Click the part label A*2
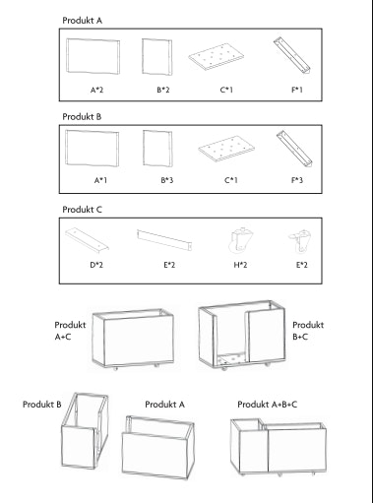(x=96, y=90)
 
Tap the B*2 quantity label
(x=163, y=90)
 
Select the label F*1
(x=297, y=90)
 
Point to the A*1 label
(x=100, y=180)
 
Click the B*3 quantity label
(x=167, y=180)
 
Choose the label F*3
(x=297, y=180)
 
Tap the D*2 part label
(x=96, y=265)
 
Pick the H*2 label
(x=240, y=265)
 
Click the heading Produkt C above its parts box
(x=83, y=210)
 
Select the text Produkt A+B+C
(x=268, y=405)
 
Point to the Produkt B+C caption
(x=308, y=331)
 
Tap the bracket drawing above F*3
(x=294, y=150)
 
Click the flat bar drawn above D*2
(x=87, y=240)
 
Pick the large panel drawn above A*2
(x=93, y=56)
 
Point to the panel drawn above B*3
(x=157, y=149)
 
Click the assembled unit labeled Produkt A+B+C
(x=279, y=447)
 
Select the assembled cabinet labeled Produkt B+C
(x=241, y=335)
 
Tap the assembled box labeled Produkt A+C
(x=133, y=340)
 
